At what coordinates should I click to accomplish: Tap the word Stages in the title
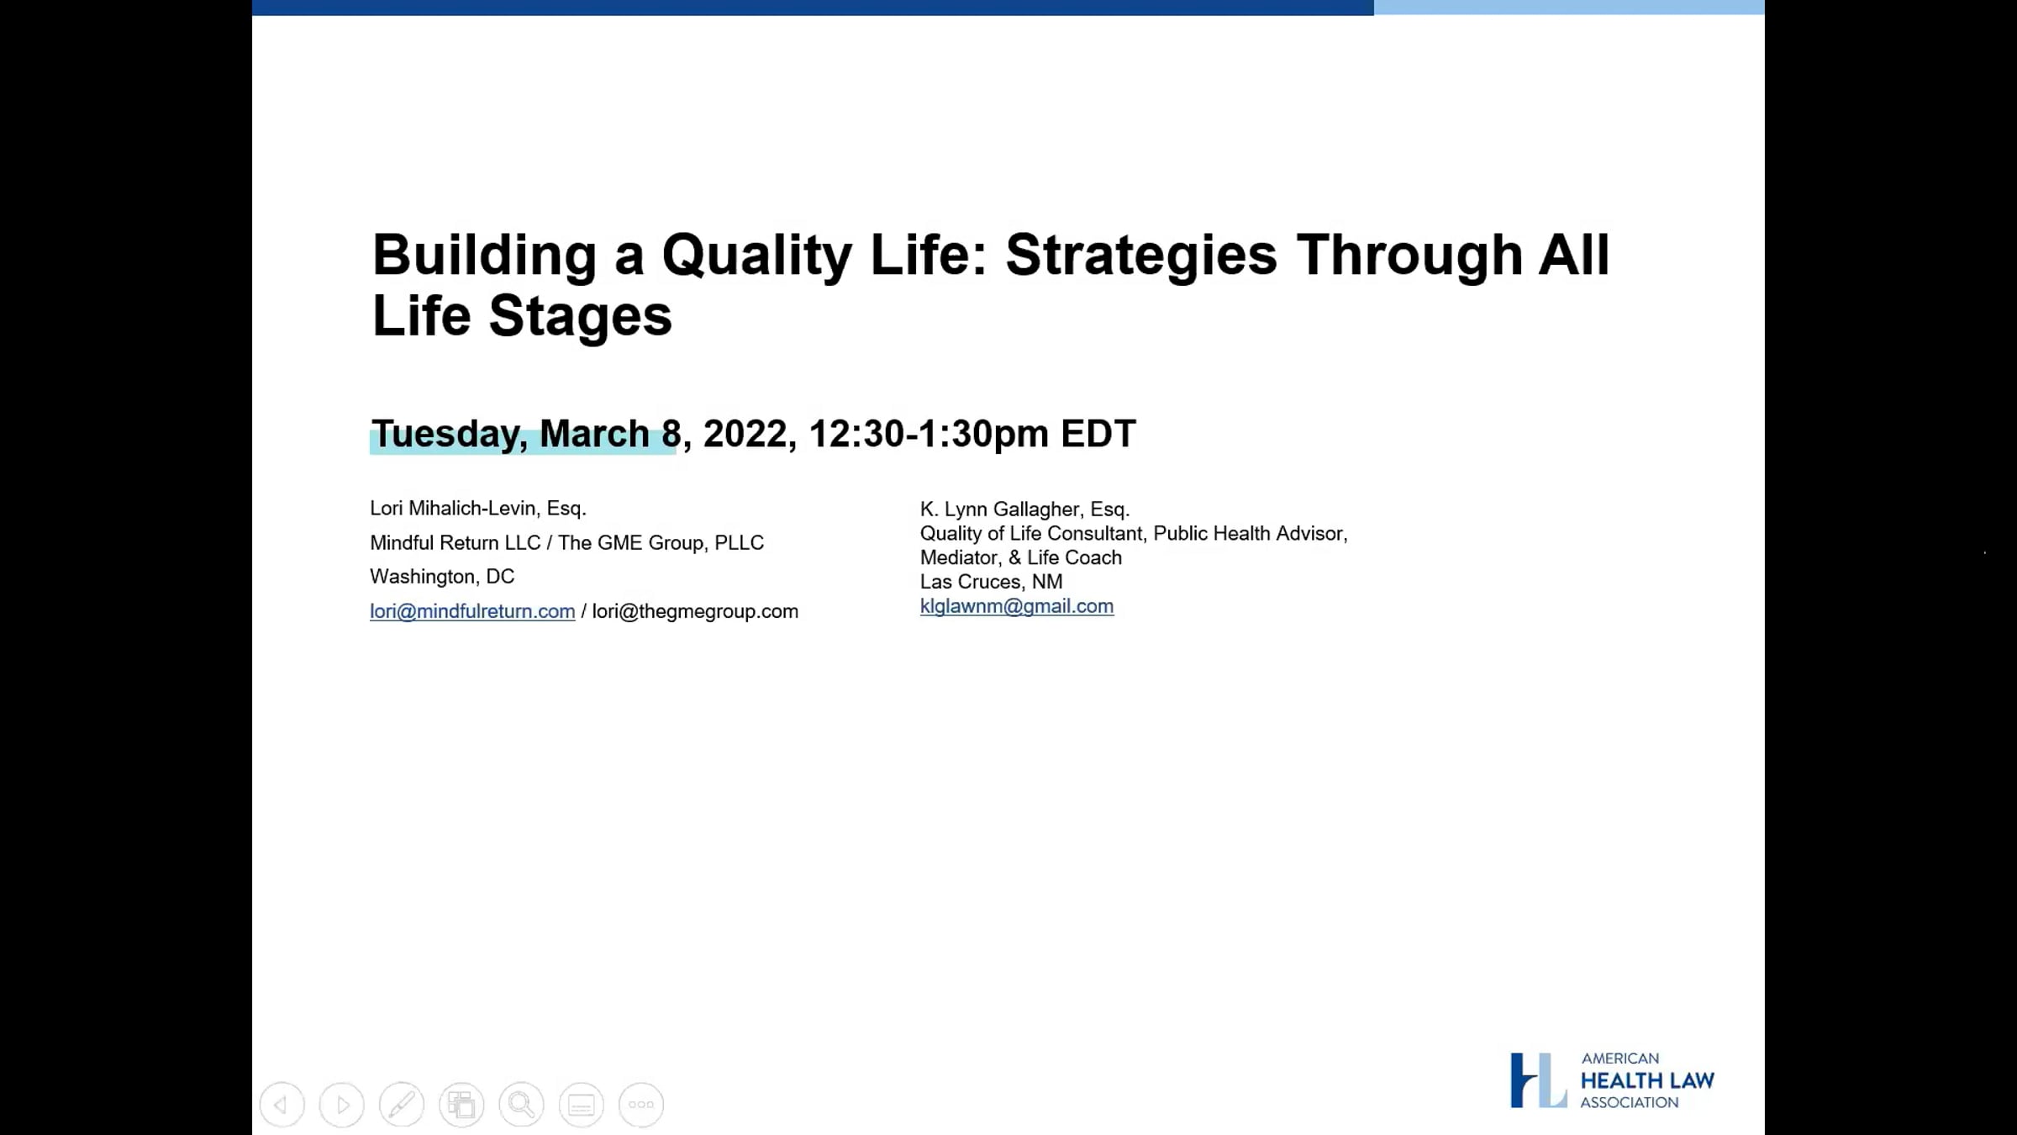pos(580,316)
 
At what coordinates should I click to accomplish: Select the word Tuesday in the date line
pos(450,435)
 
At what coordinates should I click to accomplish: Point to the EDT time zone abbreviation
pos(1098,434)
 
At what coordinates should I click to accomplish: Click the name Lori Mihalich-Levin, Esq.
pos(478,509)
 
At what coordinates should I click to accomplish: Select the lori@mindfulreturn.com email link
pos(472,611)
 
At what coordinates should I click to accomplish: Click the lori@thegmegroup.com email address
pos(695,611)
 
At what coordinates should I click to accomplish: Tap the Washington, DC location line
pos(442,577)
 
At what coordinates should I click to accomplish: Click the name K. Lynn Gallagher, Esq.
pos(1024,509)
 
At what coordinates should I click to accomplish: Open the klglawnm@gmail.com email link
pos(1017,606)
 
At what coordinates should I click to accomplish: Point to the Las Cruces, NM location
pos(991,582)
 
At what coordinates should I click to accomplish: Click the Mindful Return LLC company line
pos(567,543)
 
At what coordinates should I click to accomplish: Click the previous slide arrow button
pos(282,1105)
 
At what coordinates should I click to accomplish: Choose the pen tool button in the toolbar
pos(402,1105)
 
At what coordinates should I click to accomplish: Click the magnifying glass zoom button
pos(521,1105)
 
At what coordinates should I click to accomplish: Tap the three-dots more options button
pos(641,1105)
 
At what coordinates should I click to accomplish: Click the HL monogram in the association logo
pos(1538,1080)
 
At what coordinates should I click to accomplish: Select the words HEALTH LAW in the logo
pos(1647,1080)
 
